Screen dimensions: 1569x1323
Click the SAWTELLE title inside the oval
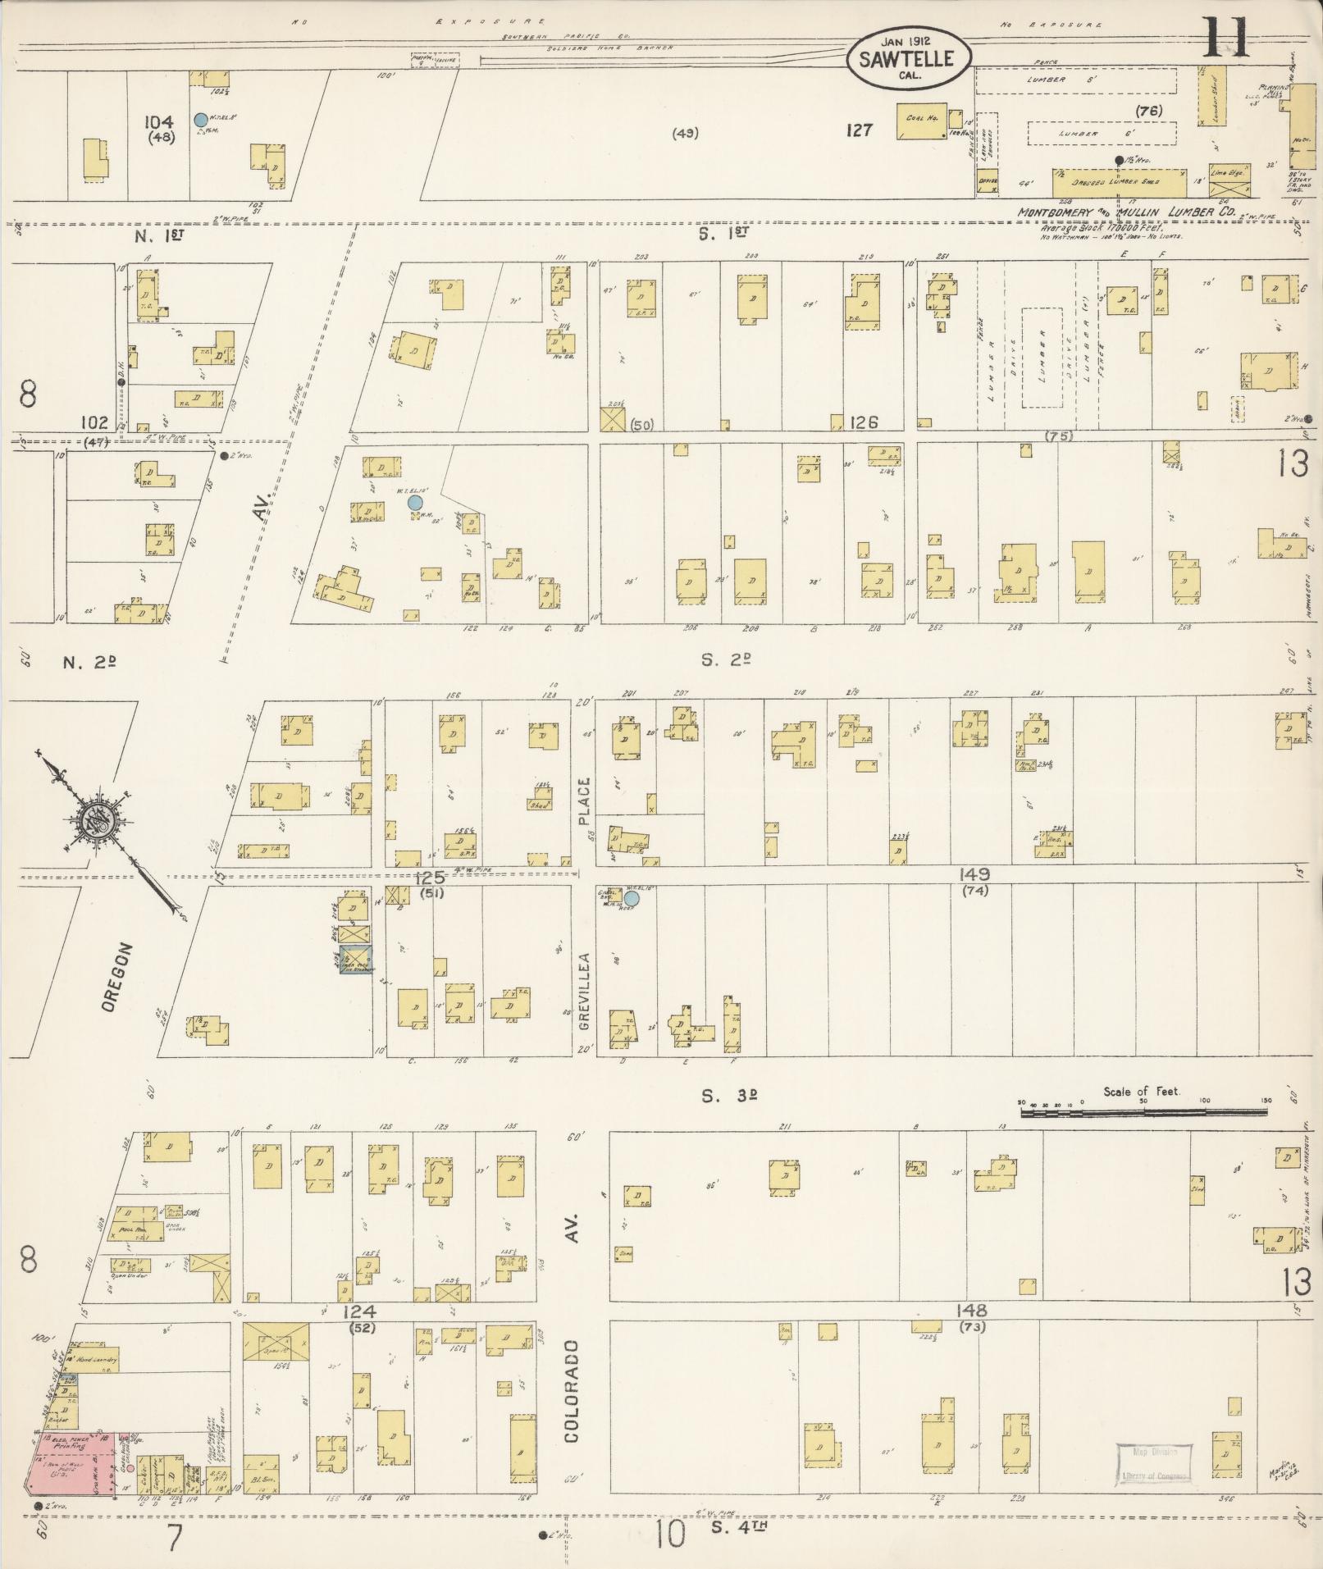(x=907, y=59)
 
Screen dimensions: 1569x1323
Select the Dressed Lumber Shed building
(x=1119, y=182)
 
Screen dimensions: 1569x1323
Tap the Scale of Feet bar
(x=1143, y=1113)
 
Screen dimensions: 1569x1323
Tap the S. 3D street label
(x=727, y=1096)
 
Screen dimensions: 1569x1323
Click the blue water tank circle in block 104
(x=200, y=120)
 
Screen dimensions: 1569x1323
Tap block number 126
(x=864, y=422)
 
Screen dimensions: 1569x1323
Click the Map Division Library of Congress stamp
(x=1152, y=1462)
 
